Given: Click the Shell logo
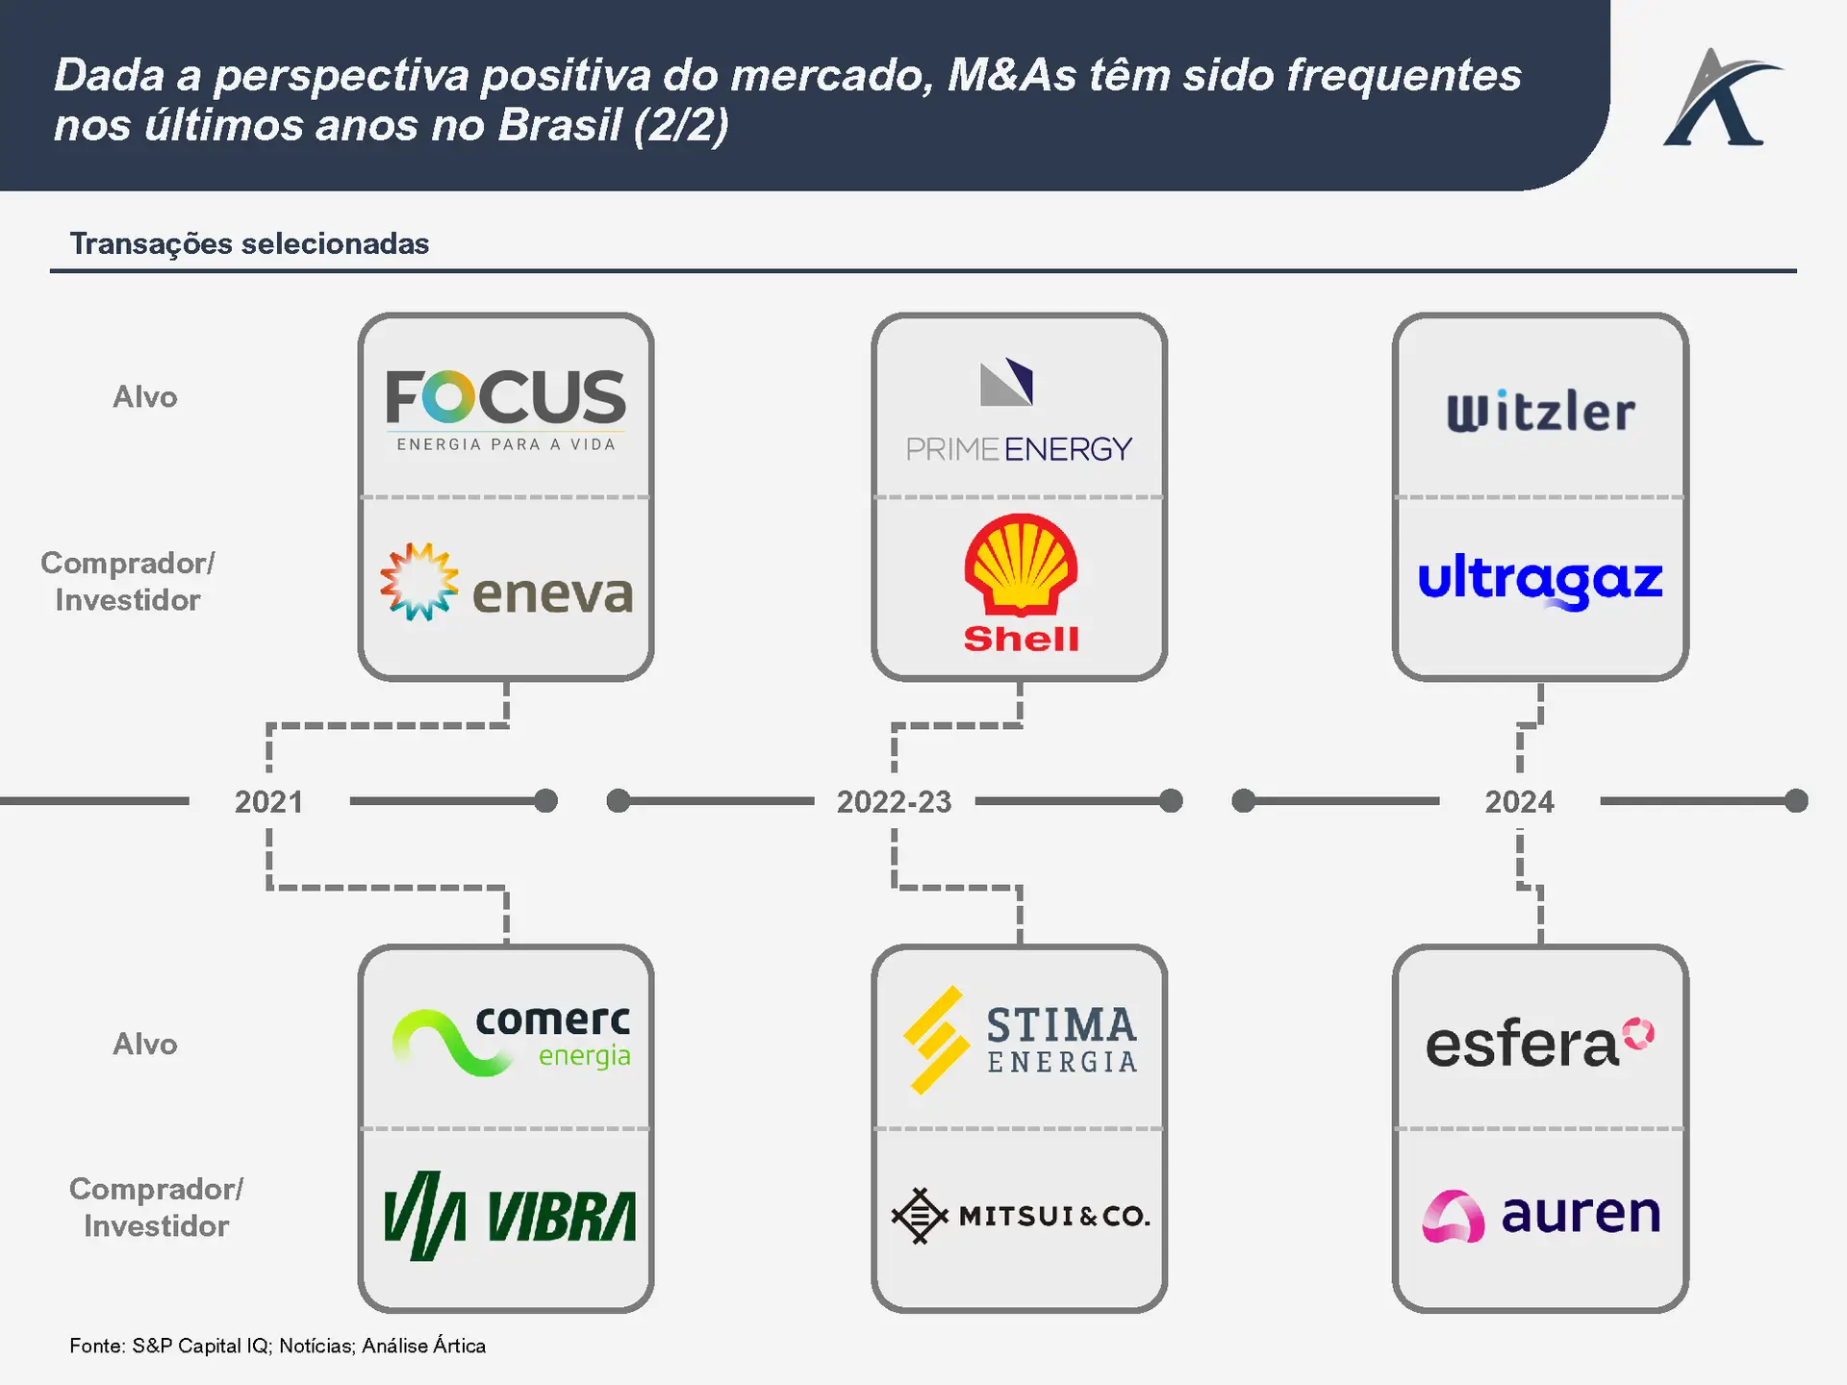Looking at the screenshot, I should coord(1021,583).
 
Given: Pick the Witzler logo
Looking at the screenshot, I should coord(1540,412).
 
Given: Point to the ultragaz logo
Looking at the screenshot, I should coord(1540,580).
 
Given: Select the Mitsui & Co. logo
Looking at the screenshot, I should coord(1020,1216).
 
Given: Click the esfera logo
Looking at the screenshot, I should coord(1539,1044).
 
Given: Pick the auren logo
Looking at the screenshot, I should coord(1541,1215).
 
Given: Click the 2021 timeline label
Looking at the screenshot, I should coord(268,802).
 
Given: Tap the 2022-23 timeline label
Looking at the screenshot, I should coord(894,802).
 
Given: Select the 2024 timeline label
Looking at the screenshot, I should coord(1519,802).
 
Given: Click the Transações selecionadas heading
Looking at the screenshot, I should coord(249,244).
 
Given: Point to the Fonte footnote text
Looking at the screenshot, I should coord(277,1346).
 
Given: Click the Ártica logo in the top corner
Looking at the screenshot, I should coord(1722,99).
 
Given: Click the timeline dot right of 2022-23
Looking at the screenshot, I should coord(1171,801).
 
